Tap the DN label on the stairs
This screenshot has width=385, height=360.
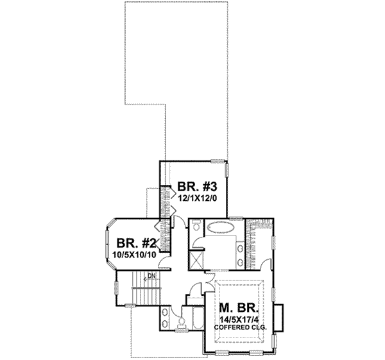tap(151, 277)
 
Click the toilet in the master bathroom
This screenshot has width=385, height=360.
tap(195, 227)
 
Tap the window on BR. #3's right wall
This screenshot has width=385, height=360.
tap(228, 169)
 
